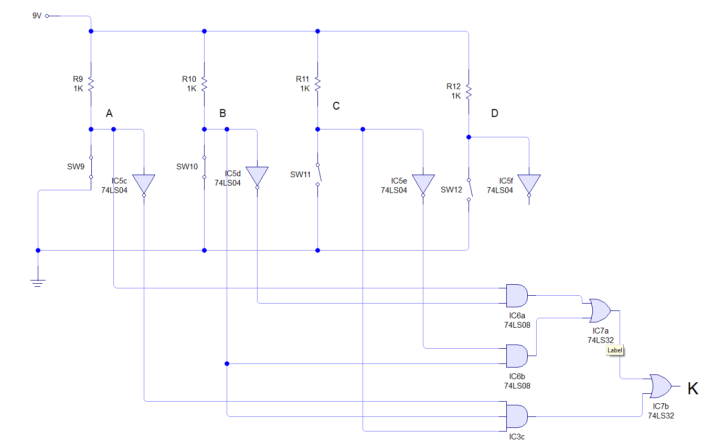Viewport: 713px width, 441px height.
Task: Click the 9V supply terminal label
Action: pos(37,16)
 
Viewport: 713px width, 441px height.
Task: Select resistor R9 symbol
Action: pos(91,83)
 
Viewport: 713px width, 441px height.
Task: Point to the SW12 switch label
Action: pos(451,189)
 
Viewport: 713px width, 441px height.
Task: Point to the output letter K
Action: pos(693,389)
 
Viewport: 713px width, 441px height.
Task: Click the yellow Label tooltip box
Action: pos(615,350)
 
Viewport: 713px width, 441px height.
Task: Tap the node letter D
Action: pos(494,113)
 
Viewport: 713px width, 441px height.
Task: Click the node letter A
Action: pos(109,113)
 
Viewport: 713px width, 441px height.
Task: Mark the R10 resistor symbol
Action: pos(205,83)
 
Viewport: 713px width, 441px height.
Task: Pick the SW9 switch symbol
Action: pos(91,167)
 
